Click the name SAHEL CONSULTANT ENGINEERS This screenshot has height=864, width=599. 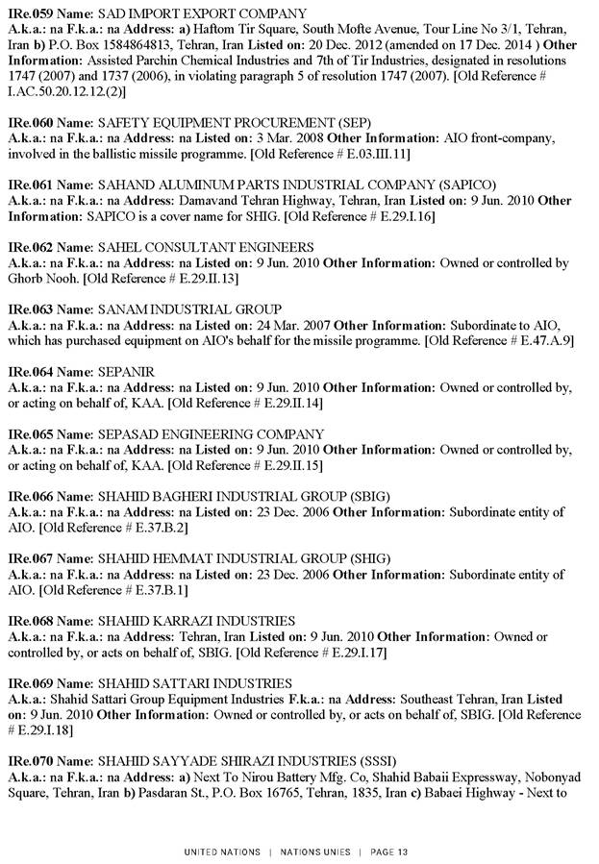coord(206,247)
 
